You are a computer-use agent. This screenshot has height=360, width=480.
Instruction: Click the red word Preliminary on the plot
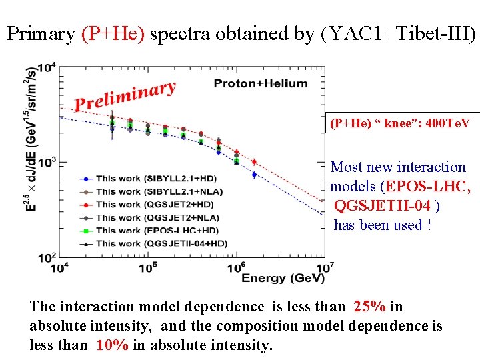(x=125, y=96)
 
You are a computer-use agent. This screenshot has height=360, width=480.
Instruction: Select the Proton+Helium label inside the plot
(x=261, y=83)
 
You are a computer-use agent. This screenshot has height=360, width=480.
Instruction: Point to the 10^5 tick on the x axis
(x=147, y=267)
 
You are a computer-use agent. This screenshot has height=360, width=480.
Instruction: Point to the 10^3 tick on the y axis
(x=46, y=163)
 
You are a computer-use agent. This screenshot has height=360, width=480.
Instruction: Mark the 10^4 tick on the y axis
(x=46, y=68)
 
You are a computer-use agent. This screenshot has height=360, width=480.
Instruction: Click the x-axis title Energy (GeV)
(x=273, y=278)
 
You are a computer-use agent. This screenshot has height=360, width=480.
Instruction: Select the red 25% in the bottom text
(x=370, y=307)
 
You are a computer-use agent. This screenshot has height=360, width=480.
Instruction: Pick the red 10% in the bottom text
(x=111, y=345)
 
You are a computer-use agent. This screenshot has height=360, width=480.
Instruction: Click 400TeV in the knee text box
(x=447, y=123)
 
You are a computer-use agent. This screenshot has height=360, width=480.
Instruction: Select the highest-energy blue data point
(x=254, y=175)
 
